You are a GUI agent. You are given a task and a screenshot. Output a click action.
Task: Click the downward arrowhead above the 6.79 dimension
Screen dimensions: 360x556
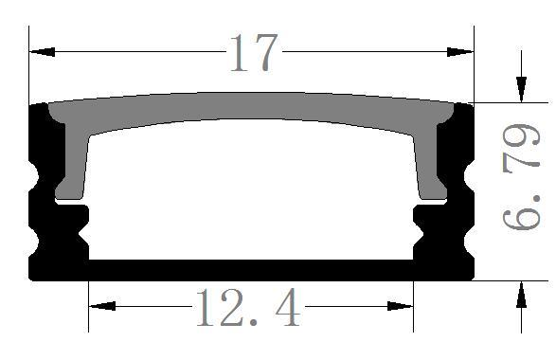(x=520, y=89)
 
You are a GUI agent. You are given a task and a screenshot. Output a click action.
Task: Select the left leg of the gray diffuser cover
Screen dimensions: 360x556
(x=72, y=166)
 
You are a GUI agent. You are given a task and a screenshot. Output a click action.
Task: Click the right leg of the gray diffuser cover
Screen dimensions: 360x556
(x=431, y=166)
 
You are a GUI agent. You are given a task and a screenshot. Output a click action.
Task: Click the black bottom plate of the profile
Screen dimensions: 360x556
(x=251, y=271)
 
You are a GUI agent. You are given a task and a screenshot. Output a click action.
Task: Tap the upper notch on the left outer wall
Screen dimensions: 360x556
(x=36, y=180)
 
